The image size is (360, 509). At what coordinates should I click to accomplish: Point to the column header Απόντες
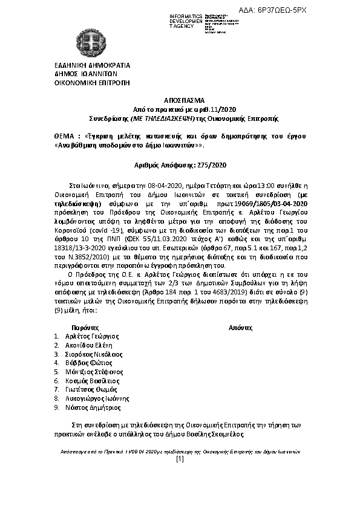click(x=240, y=326)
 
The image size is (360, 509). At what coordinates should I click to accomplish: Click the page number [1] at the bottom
click(x=179, y=459)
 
